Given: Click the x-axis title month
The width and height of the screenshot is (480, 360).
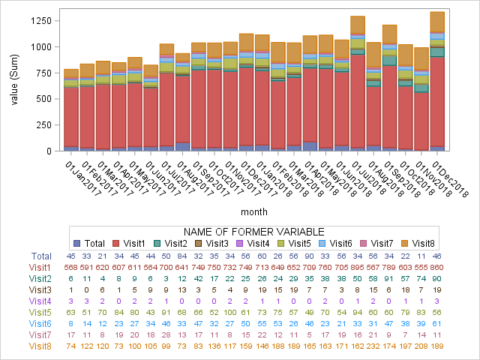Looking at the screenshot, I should coord(265,212).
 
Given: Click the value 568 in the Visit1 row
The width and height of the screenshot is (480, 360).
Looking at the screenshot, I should coord(71,267).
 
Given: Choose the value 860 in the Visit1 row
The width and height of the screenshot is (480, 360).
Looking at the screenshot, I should coord(457,267).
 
